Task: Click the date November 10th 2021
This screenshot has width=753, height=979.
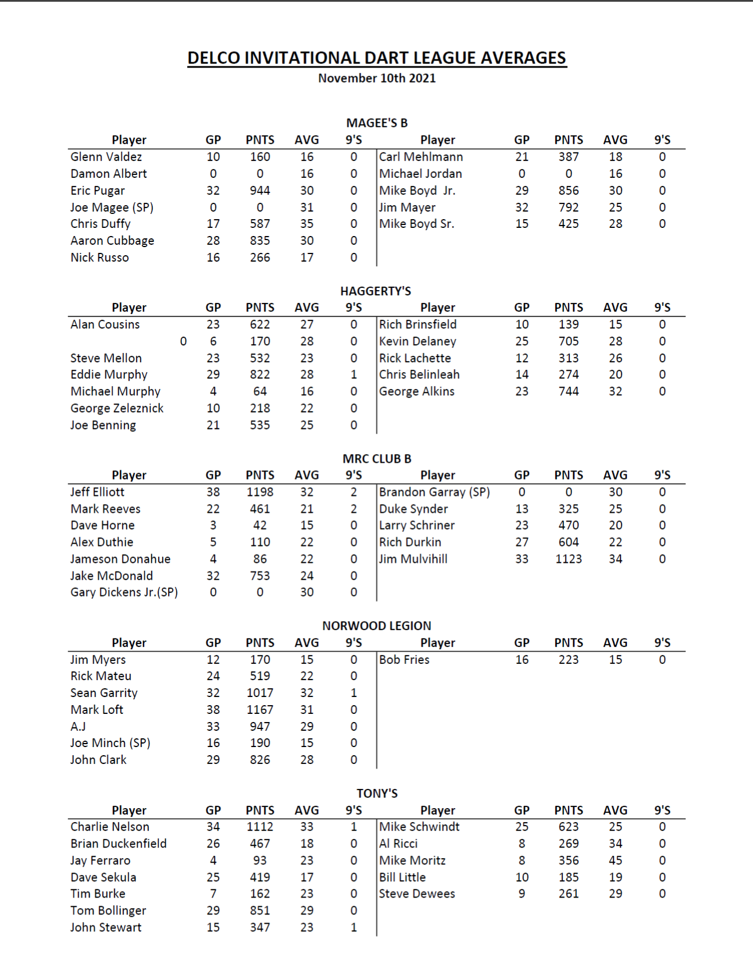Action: pyautogui.click(x=376, y=78)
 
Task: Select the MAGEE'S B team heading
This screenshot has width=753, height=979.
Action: pyautogui.click(x=377, y=123)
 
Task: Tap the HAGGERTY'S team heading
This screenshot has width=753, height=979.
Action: pyautogui.click(x=376, y=291)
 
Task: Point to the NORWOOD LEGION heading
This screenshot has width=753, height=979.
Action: pyautogui.click(x=377, y=626)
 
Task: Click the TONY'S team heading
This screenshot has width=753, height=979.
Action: pyautogui.click(x=377, y=794)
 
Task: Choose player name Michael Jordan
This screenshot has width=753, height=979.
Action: pyautogui.click(x=420, y=174)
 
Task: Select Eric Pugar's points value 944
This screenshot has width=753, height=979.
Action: pyautogui.click(x=260, y=191)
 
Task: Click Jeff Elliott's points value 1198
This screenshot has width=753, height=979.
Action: pyautogui.click(x=260, y=492)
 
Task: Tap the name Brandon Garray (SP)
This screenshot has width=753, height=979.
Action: pyautogui.click(x=434, y=492)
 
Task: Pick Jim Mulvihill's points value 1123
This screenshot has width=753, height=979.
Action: pyautogui.click(x=568, y=559)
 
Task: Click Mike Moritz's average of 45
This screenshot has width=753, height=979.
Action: pyautogui.click(x=615, y=860)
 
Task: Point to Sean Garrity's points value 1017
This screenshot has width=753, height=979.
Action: pyautogui.click(x=260, y=693)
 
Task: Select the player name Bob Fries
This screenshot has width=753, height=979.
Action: pyautogui.click(x=404, y=660)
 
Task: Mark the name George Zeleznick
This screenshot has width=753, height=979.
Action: pyautogui.click(x=117, y=409)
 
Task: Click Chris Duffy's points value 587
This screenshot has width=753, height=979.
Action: pyautogui.click(x=260, y=224)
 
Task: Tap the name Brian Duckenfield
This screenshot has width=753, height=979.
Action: pyautogui.click(x=119, y=844)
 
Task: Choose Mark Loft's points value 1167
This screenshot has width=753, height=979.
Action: pyautogui.click(x=260, y=710)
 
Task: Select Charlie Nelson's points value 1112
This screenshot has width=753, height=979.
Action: pyautogui.click(x=260, y=827)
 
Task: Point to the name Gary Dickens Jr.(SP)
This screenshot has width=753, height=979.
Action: pyautogui.click(x=124, y=592)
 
